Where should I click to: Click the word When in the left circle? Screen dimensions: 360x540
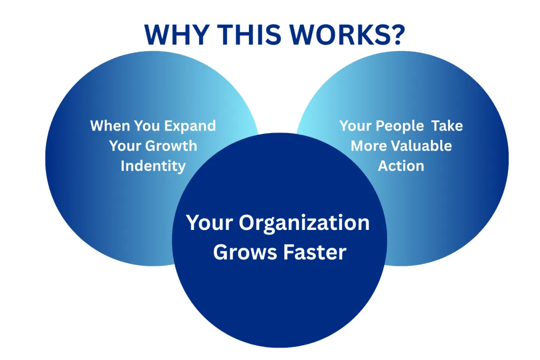(x=108, y=126)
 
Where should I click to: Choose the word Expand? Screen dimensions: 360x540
(x=190, y=126)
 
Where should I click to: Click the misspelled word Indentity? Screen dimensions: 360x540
(x=153, y=166)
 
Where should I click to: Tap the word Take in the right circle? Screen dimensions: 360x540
(x=447, y=126)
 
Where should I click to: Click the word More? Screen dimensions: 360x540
(x=369, y=146)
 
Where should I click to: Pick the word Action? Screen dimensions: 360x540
(x=401, y=166)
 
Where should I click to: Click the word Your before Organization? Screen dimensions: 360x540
(x=208, y=223)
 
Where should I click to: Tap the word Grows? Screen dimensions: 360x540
(x=245, y=252)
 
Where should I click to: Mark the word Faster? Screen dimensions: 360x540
(x=315, y=252)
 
